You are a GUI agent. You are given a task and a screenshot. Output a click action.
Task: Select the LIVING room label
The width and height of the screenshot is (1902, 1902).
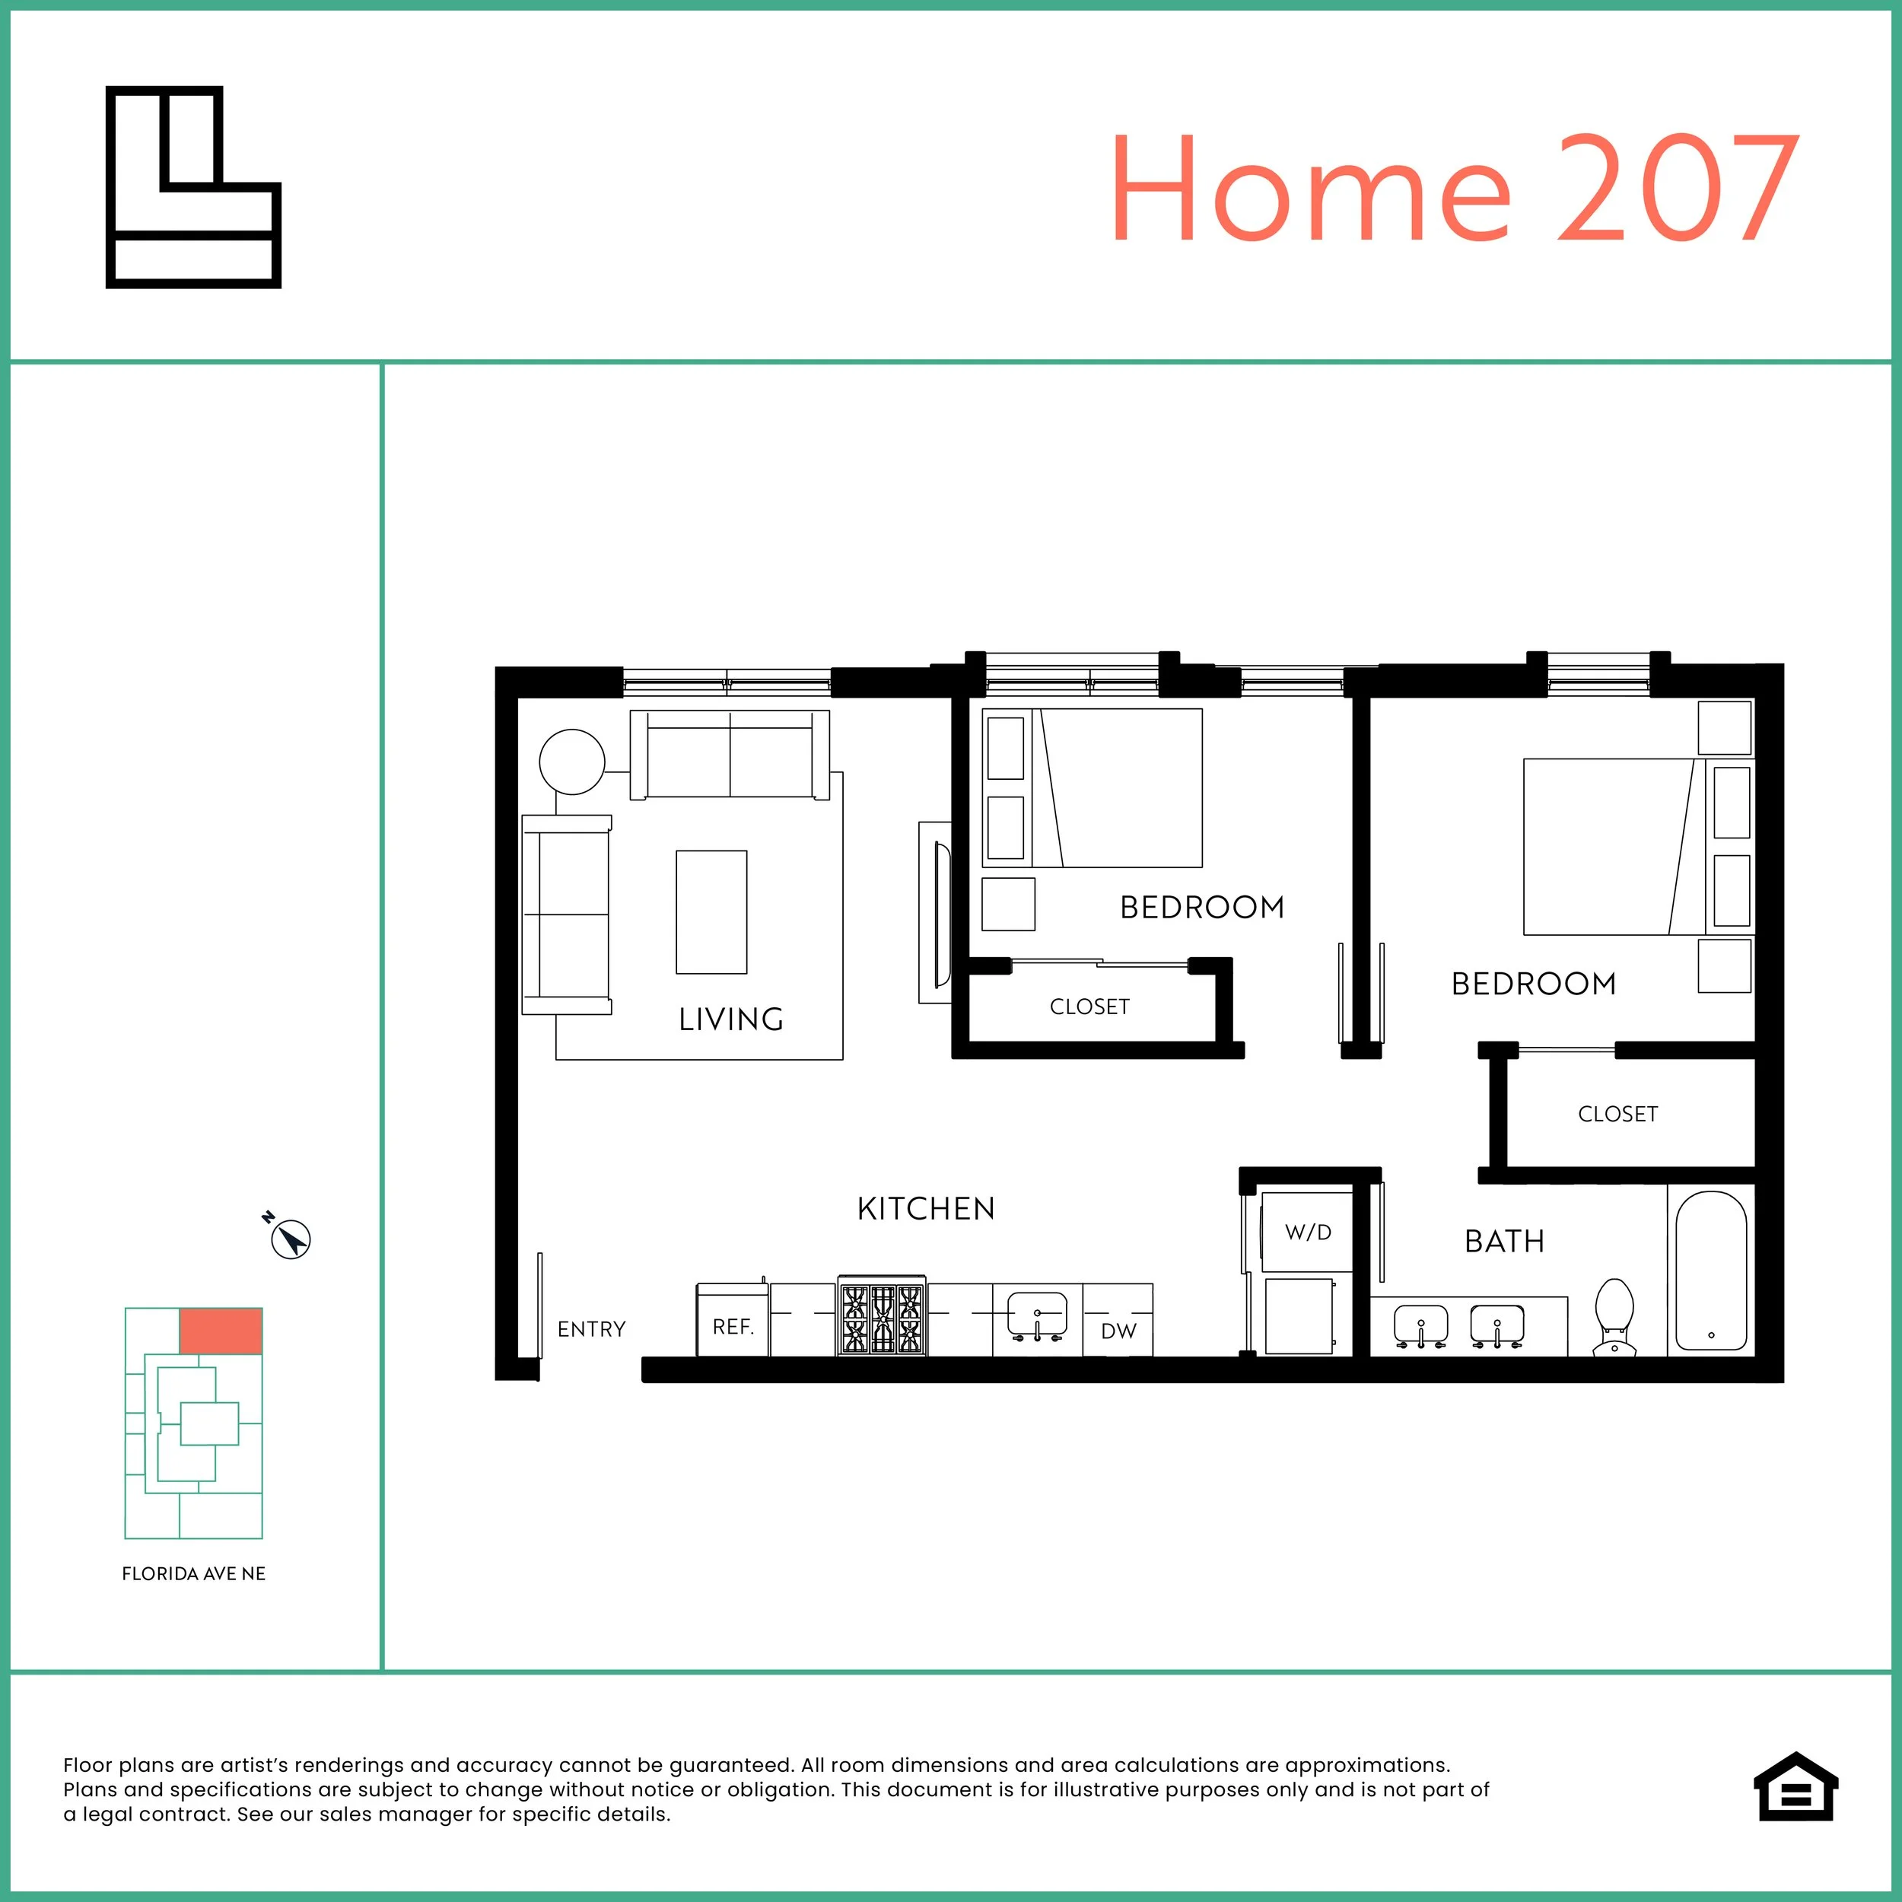click(730, 1019)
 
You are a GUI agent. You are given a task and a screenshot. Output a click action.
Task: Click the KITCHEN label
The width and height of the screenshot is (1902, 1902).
click(925, 1208)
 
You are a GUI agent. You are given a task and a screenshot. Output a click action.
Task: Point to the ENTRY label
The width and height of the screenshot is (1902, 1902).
click(590, 1329)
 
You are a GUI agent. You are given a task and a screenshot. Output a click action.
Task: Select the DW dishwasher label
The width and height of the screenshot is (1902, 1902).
click(1118, 1331)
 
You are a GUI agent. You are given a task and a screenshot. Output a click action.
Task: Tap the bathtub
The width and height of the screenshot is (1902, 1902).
click(1711, 1270)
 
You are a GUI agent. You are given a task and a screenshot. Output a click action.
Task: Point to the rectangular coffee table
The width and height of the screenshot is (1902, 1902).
click(711, 911)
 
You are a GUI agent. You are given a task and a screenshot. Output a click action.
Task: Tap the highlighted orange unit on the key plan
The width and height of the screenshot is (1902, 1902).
click(221, 1331)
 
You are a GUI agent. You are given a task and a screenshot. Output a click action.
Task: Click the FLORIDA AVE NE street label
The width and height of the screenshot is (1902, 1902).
click(194, 1573)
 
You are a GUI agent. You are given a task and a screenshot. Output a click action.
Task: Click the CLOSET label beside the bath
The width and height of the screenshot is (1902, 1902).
click(1617, 1114)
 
